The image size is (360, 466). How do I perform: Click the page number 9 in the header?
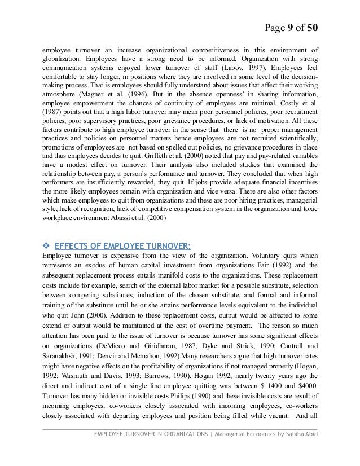(x=293, y=28)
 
